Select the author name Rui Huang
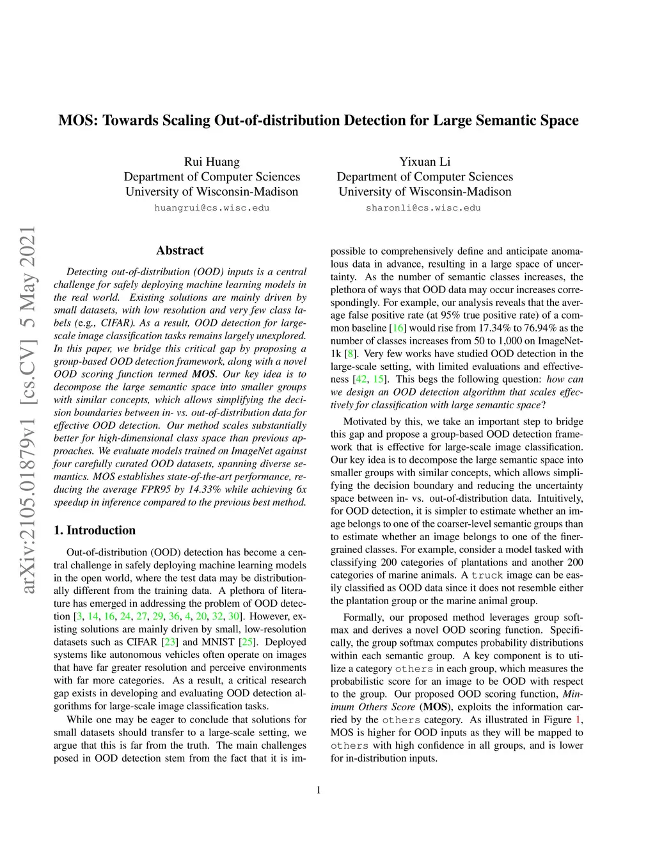212,162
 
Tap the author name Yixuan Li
425,162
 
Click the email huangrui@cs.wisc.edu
212,208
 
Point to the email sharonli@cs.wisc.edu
423,208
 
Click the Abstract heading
180,251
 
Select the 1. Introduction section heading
95,530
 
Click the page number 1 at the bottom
319,790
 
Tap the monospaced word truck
487,575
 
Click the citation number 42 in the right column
361,380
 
